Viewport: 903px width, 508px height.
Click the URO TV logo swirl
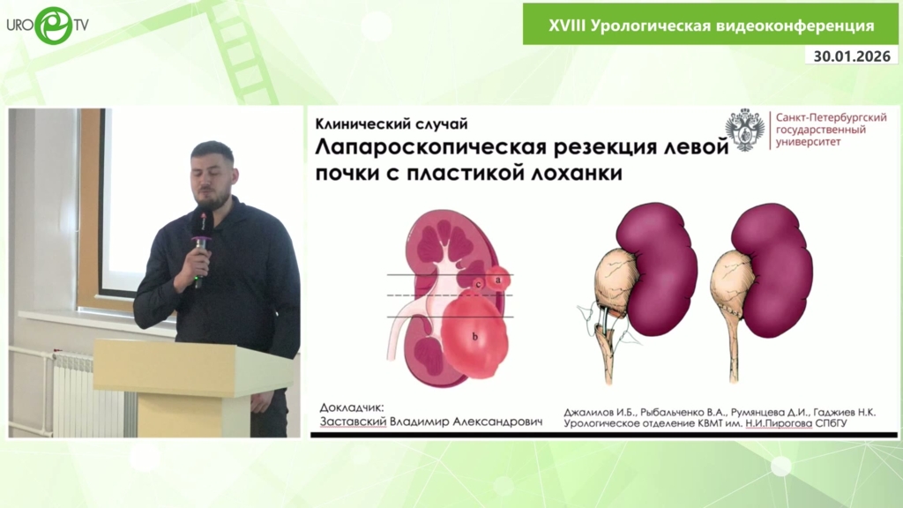[x=53, y=26]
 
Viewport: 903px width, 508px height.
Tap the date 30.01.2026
[x=852, y=56]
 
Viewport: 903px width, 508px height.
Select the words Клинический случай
[x=392, y=123]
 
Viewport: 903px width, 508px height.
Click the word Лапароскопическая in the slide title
[x=430, y=148]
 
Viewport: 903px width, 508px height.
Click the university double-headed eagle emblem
[x=744, y=130]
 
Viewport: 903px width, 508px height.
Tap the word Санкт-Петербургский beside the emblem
[x=831, y=117]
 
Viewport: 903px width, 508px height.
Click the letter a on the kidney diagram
[x=499, y=280]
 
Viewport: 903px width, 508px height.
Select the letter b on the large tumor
[x=475, y=336]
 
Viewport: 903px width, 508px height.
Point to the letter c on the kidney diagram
[x=479, y=284]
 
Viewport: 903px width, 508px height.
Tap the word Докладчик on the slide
[x=351, y=407]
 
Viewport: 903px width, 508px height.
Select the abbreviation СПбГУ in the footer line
[x=831, y=423]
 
